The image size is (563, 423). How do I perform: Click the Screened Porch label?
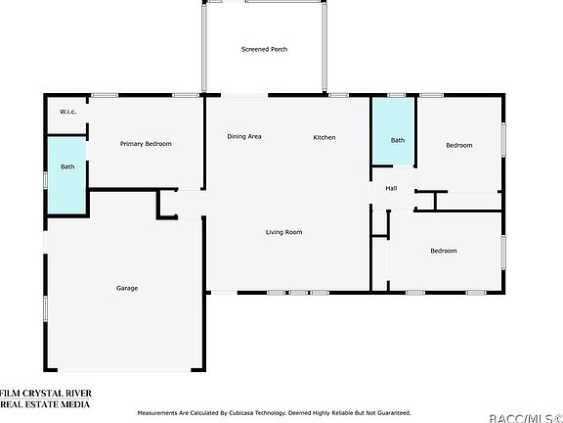coord(264,49)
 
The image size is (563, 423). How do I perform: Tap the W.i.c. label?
coord(67,111)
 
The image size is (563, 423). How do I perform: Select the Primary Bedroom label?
coord(146,144)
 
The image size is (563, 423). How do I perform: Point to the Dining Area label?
coord(243,137)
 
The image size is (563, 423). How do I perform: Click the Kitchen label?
coord(325,137)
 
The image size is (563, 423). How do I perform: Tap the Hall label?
coord(391,188)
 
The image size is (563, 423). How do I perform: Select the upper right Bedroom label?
coord(458,145)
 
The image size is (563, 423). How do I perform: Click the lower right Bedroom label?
coord(444,251)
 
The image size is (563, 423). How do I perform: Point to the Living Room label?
coord(283,232)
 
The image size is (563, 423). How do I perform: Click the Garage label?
coord(127,288)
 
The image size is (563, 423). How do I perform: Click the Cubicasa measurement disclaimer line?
coord(276,412)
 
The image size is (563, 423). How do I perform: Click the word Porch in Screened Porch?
coord(279,49)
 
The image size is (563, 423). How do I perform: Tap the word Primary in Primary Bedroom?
coord(132,144)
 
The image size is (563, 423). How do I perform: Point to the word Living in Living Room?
coord(274,232)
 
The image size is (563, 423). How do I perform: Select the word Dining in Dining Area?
coord(236,137)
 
